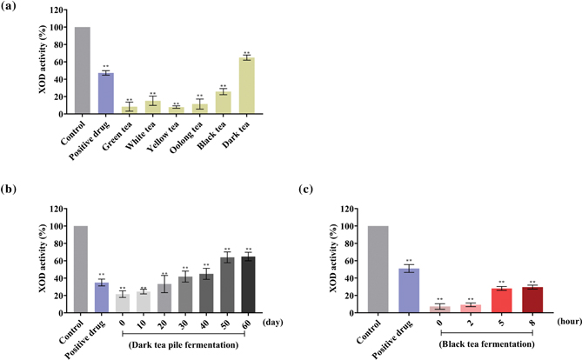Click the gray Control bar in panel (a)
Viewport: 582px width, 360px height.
pyautogui.click(x=82, y=70)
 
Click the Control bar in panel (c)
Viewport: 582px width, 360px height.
pyautogui.click(x=379, y=270)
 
